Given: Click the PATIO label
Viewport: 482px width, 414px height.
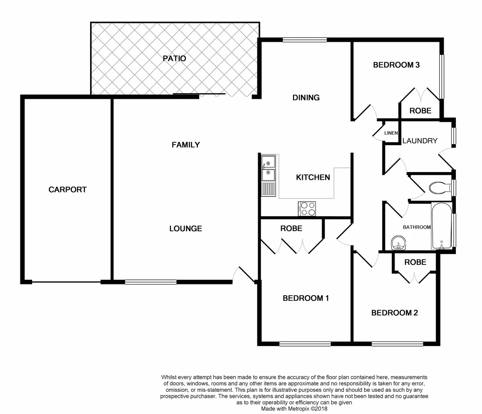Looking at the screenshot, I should coord(174,58).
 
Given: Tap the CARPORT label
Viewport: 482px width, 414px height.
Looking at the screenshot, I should coord(67,189).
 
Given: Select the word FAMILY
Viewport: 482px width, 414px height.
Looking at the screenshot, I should coord(186,145).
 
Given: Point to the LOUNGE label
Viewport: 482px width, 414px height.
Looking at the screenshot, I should coord(186,228).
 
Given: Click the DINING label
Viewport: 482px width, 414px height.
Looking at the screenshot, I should coord(306,97).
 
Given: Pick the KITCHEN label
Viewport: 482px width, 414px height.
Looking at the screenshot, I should coord(313,177).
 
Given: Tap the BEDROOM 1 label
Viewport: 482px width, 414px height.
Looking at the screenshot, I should coord(306,298).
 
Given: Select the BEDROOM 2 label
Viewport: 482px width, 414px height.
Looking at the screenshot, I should coord(395,313).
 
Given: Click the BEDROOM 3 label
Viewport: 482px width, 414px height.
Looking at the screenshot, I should coord(396,65).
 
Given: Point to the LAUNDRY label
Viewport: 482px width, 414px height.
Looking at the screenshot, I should coord(420,141).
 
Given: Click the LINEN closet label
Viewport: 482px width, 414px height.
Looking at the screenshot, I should coord(391,133).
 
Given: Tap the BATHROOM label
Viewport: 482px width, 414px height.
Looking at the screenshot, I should coord(416,227).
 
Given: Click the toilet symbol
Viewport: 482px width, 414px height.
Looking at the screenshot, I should coord(439,188).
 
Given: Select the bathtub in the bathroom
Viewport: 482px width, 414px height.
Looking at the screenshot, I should coord(442,226).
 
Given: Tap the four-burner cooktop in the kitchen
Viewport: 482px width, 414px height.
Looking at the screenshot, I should coord(307,209).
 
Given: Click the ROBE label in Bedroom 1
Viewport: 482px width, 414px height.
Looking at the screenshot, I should coord(291,228).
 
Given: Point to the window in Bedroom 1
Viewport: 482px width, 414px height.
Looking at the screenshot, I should coord(305,344).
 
